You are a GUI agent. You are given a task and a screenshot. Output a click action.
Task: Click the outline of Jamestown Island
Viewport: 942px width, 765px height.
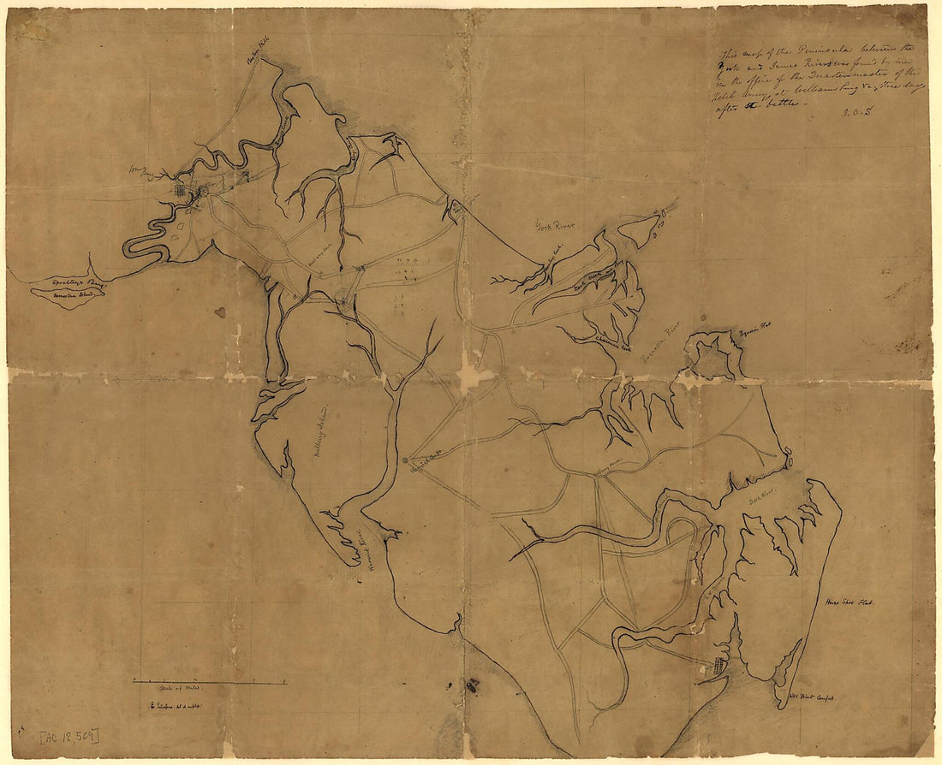(x=68, y=294)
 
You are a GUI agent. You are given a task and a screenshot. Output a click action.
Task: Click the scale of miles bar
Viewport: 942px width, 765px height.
(x=209, y=682)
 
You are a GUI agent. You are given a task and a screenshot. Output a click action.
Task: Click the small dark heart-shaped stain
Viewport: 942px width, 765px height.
(x=220, y=312)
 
